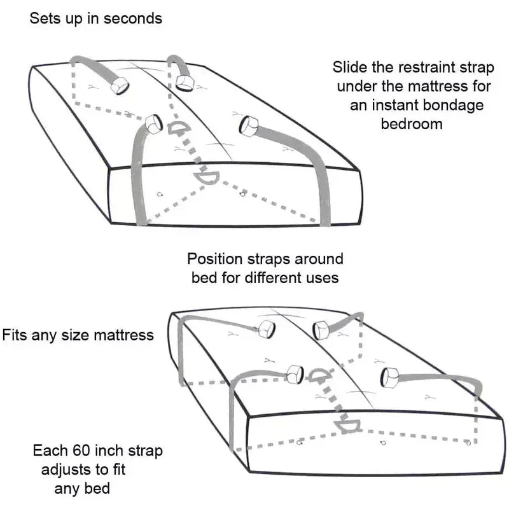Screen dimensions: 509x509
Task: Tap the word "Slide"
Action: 349,67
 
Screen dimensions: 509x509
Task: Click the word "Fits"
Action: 15,334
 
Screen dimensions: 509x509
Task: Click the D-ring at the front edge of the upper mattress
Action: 208,178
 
